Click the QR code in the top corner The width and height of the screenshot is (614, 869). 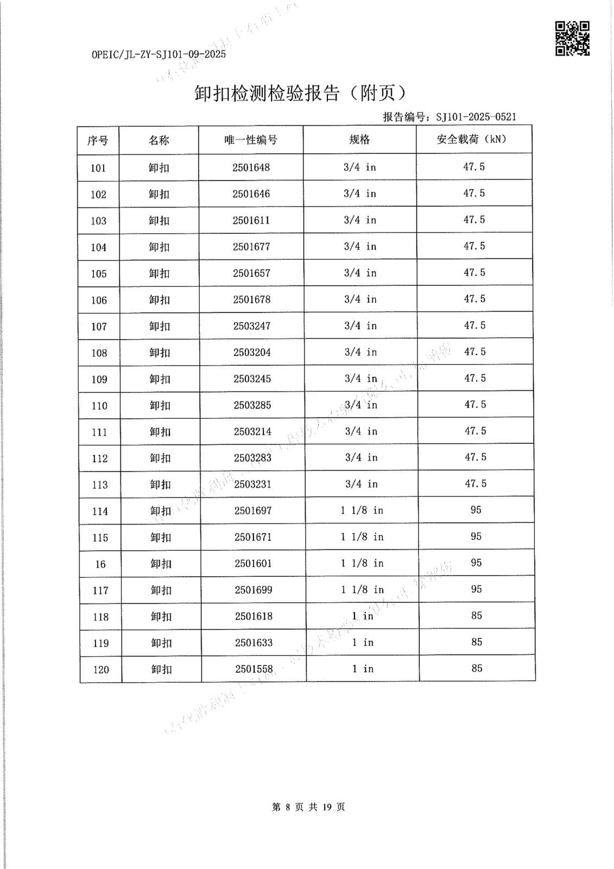coord(572,38)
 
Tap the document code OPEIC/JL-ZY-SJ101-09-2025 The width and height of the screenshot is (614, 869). coord(159,54)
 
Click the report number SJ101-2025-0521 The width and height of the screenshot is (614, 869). coord(476,117)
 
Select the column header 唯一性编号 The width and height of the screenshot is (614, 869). coord(251,140)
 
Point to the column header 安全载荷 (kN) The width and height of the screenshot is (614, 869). coord(472,139)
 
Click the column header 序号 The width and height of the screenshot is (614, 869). coord(98,141)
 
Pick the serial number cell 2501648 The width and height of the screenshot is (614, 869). coord(251,167)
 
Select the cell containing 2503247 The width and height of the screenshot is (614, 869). coord(252,326)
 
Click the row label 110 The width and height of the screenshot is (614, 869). coord(99,406)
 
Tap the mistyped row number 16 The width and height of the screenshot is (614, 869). coord(100,564)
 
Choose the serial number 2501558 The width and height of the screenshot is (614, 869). coord(254,669)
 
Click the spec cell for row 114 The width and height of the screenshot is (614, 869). coord(362,511)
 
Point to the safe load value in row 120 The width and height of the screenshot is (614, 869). coord(477,669)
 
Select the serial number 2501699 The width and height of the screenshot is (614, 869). coord(254,590)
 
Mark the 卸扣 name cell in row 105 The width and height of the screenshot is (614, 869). coord(159,273)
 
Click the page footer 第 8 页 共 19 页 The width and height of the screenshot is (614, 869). coord(308,807)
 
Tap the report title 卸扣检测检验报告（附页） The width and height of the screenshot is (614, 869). coord(300,93)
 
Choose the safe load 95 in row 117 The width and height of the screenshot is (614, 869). coord(476,589)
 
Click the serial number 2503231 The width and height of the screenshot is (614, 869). coord(252,484)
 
